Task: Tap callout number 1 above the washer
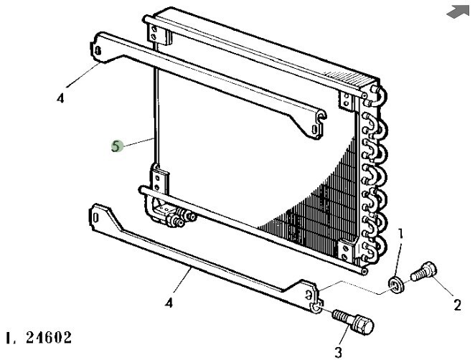point(401,233)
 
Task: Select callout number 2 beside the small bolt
point(457,305)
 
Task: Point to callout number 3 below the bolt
point(338,351)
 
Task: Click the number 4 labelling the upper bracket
point(60,99)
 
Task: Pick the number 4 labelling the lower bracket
point(169,303)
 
